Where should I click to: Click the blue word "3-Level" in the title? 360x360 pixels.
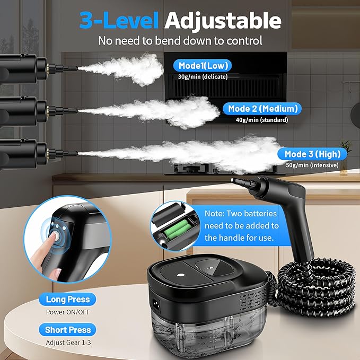tap(118, 20)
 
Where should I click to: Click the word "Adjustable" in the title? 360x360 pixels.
tap(222, 20)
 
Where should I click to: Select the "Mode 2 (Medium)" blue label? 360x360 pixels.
tap(263, 109)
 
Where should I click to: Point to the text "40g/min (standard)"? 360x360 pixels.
tap(262, 120)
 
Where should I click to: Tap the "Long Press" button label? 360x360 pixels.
tap(67, 300)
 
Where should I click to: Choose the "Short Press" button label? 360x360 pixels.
tap(67, 330)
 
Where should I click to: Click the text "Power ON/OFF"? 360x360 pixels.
tap(67, 311)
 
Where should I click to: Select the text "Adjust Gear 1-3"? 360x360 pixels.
tap(67, 341)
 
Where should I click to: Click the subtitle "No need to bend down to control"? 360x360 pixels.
tap(180, 40)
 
